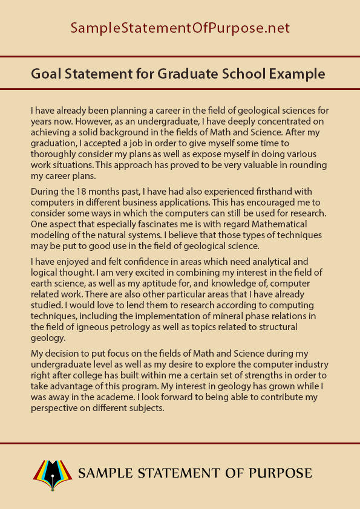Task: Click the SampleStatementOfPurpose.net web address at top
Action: (x=180, y=28)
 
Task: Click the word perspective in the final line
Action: (x=57, y=407)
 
